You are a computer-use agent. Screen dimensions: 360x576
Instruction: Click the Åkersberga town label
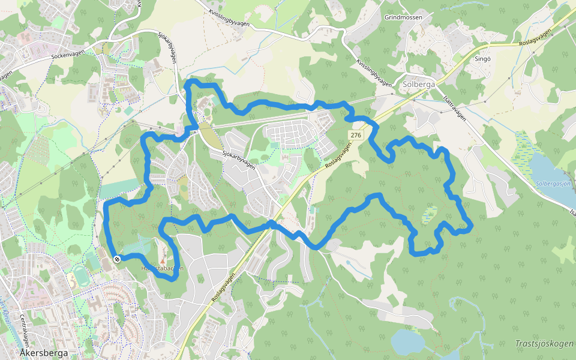[x=43, y=353]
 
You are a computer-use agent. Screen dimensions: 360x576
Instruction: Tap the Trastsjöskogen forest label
[x=544, y=344]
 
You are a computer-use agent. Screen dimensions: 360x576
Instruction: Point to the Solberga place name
[x=419, y=85]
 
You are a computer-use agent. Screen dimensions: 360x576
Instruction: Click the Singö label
[x=482, y=59]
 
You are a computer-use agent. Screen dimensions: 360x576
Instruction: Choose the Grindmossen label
[x=404, y=17]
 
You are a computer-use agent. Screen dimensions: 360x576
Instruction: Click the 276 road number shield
[x=356, y=135]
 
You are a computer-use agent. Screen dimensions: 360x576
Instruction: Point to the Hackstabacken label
[x=161, y=268]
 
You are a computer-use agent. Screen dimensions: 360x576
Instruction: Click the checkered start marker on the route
[x=116, y=259]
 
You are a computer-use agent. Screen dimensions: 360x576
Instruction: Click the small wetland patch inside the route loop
[x=430, y=215]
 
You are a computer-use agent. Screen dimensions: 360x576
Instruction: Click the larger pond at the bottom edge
[x=408, y=342]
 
